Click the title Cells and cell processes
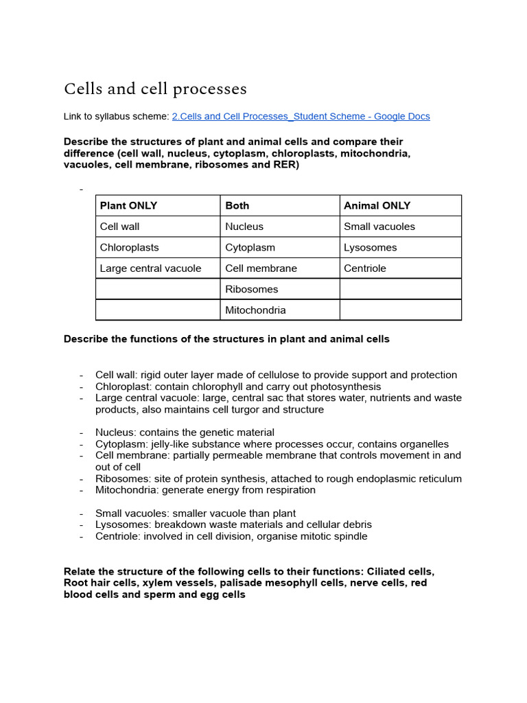155,89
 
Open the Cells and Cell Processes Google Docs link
301,116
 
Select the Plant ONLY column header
128,205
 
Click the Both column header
237,205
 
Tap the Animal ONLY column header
377,205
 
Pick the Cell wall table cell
119,227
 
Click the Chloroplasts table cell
129,247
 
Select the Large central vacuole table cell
150,268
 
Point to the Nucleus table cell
244,227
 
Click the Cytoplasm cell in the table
250,247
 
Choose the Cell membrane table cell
261,268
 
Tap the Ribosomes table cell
252,289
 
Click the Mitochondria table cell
255,310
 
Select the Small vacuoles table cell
379,227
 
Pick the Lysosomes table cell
370,247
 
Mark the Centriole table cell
364,268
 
